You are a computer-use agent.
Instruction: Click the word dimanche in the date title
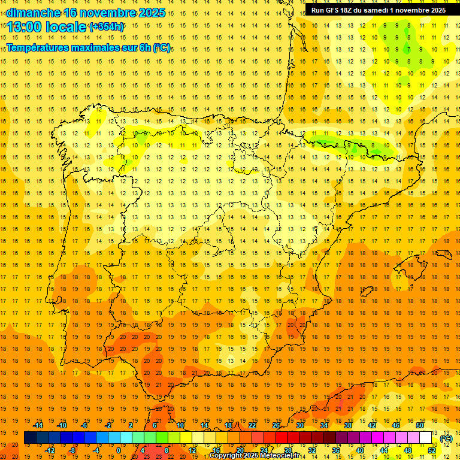click(x=32, y=13)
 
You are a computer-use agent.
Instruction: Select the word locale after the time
click(x=66, y=26)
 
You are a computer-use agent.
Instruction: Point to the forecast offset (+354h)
click(x=107, y=26)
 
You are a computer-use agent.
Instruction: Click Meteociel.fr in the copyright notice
click(x=282, y=456)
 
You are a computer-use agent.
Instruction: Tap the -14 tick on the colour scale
click(x=38, y=425)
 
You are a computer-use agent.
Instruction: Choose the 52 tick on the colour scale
click(x=432, y=450)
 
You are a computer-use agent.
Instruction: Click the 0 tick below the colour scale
click(x=119, y=450)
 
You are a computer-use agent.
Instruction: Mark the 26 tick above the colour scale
click(x=276, y=425)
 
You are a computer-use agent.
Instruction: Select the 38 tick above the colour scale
click(x=348, y=425)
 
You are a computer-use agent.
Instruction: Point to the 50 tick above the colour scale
click(x=420, y=425)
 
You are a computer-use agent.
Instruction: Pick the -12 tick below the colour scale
click(x=50, y=450)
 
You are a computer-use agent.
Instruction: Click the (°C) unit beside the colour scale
click(x=446, y=438)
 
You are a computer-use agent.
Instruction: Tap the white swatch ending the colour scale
click(x=426, y=438)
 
